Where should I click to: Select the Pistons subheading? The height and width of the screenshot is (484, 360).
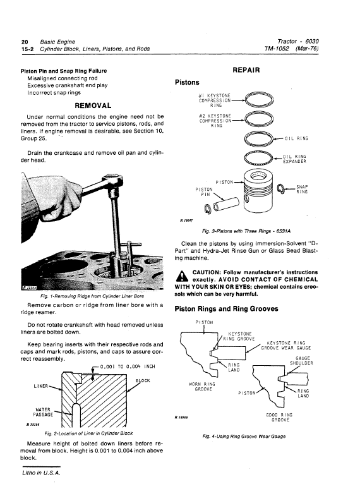click(x=186, y=82)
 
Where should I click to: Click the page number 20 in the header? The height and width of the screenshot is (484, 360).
click(x=25, y=40)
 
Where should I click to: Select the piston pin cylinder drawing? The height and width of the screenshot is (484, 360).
click(x=225, y=203)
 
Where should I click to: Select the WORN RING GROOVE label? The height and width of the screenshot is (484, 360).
click(x=203, y=387)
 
